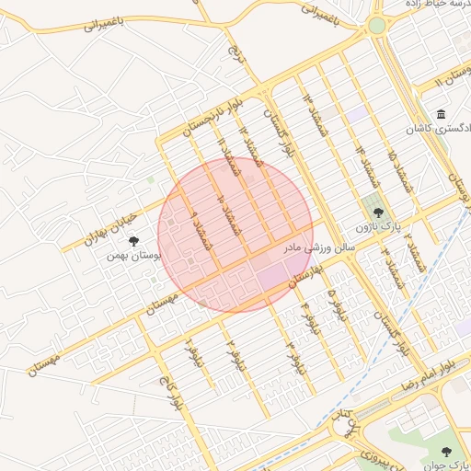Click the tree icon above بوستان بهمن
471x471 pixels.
pos(135,242)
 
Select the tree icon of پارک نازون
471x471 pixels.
pos(378,213)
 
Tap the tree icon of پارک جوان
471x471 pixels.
pos(447,451)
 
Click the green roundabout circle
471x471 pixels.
pos(377,26)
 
